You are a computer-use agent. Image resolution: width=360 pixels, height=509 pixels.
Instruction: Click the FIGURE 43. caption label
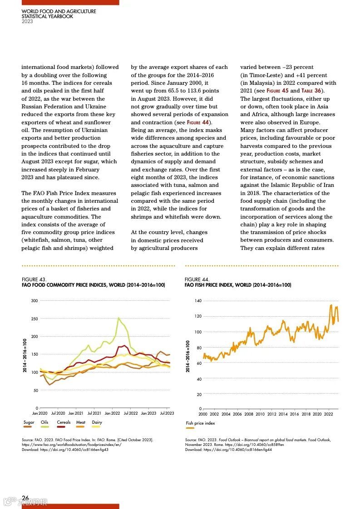(x=34, y=279)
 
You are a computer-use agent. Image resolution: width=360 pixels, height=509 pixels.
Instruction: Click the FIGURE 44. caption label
(x=197, y=279)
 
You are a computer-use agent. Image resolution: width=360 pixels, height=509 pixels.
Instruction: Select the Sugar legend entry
(x=29, y=422)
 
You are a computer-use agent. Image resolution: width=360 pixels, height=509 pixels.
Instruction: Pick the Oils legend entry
(x=44, y=422)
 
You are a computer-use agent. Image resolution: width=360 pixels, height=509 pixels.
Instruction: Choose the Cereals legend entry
(x=64, y=422)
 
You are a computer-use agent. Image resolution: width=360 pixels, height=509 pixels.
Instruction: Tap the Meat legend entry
(x=81, y=422)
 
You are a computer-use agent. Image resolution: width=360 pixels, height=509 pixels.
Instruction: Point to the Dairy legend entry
(x=97, y=422)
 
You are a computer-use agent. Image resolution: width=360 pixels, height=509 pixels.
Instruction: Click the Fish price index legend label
(x=200, y=423)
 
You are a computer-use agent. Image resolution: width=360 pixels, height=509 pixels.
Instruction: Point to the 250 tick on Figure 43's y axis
(x=35, y=319)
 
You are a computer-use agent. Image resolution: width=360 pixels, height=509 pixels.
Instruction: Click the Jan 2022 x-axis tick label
(x=112, y=413)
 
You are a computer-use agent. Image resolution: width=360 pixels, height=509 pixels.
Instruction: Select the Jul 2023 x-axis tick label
(x=167, y=413)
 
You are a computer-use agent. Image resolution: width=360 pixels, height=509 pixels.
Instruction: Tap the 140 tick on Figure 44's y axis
(x=198, y=301)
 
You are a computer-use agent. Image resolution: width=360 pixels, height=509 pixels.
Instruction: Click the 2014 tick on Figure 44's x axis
(x=283, y=414)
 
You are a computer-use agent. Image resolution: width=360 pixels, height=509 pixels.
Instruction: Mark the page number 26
(x=25, y=497)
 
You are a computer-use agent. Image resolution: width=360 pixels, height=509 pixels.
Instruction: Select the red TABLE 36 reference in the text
(x=311, y=91)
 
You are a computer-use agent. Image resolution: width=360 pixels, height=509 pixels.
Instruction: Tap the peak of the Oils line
(x=119, y=318)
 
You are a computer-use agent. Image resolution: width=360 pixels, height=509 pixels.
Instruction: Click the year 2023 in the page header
(x=27, y=21)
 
